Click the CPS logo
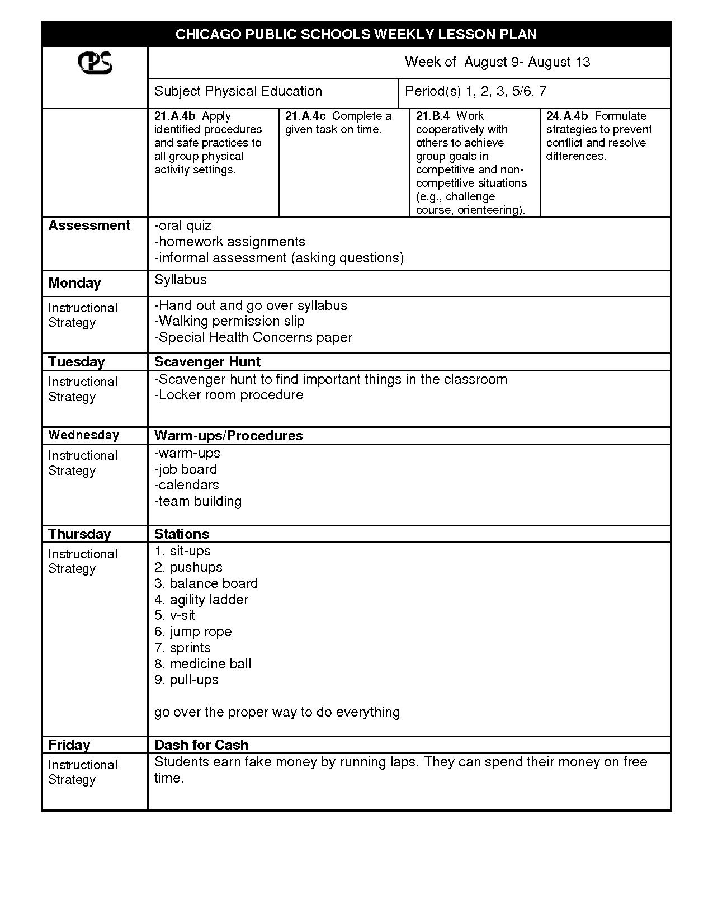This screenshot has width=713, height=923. click(95, 63)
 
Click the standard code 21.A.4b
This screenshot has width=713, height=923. click(174, 116)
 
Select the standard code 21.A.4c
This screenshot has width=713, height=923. click(305, 116)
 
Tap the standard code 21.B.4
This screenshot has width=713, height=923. click(433, 116)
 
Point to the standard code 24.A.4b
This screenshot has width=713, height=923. click(567, 116)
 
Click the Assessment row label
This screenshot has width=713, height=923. click(89, 225)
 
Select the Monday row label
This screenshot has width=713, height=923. click(74, 283)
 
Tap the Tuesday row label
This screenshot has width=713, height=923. click(77, 362)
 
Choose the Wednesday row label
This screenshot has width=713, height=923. click(83, 435)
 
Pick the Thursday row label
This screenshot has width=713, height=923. click(79, 534)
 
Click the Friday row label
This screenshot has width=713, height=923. click(69, 745)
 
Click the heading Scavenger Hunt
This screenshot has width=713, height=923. click(207, 362)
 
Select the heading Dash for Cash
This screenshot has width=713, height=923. click(201, 745)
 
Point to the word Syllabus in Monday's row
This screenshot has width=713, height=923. click(180, 280)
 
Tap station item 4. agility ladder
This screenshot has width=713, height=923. click(201, 600)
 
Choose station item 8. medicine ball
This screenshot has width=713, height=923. click(203, 664)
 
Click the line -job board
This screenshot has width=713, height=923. click(186, 469)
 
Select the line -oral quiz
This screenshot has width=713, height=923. click(183, 225)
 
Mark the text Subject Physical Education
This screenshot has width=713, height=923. click(238, 91)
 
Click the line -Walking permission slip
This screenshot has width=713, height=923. click(229, 321)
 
